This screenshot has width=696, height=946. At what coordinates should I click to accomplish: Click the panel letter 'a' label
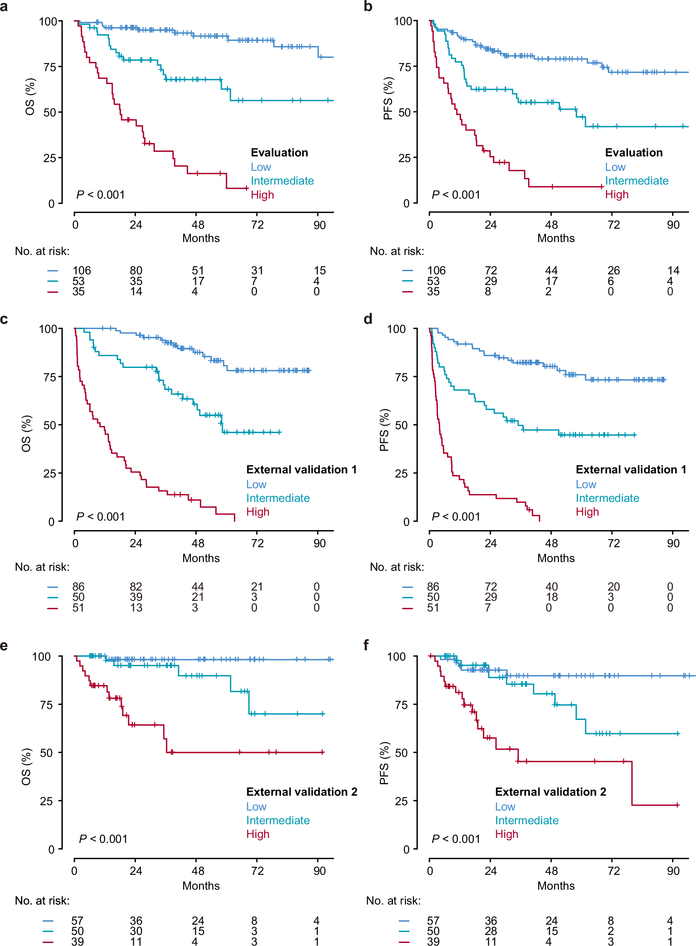point(4,7)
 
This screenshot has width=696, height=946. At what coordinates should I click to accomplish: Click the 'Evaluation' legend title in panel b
point(634,153)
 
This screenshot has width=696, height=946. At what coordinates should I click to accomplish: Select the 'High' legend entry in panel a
point(262,194)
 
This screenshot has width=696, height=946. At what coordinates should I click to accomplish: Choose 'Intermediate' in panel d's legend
point(607,498)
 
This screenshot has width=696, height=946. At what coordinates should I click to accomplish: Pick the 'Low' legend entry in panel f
point(505,807)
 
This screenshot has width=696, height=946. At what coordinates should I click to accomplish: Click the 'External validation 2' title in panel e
point(301,792)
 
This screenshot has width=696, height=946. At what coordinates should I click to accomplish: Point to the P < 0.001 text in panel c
point(100,516)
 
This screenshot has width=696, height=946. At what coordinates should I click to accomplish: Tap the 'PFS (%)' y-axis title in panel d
point(384,430)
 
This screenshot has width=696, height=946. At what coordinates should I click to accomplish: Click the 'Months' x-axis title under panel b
point(556,238)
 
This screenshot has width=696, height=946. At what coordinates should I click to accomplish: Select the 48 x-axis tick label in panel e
point(197,871)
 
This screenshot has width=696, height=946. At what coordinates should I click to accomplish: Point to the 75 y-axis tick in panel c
point(50,377)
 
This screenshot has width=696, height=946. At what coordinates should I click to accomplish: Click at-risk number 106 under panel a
point(81,271)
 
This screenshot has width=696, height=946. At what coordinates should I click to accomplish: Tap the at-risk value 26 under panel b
point(613,271)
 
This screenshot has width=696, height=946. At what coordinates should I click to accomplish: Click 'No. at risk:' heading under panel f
point(393,900)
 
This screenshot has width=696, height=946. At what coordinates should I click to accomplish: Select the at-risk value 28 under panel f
point(491,931)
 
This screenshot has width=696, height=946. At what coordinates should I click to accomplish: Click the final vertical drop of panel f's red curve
point(632,784)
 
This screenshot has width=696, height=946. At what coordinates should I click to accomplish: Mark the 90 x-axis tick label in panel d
point(673,543)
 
